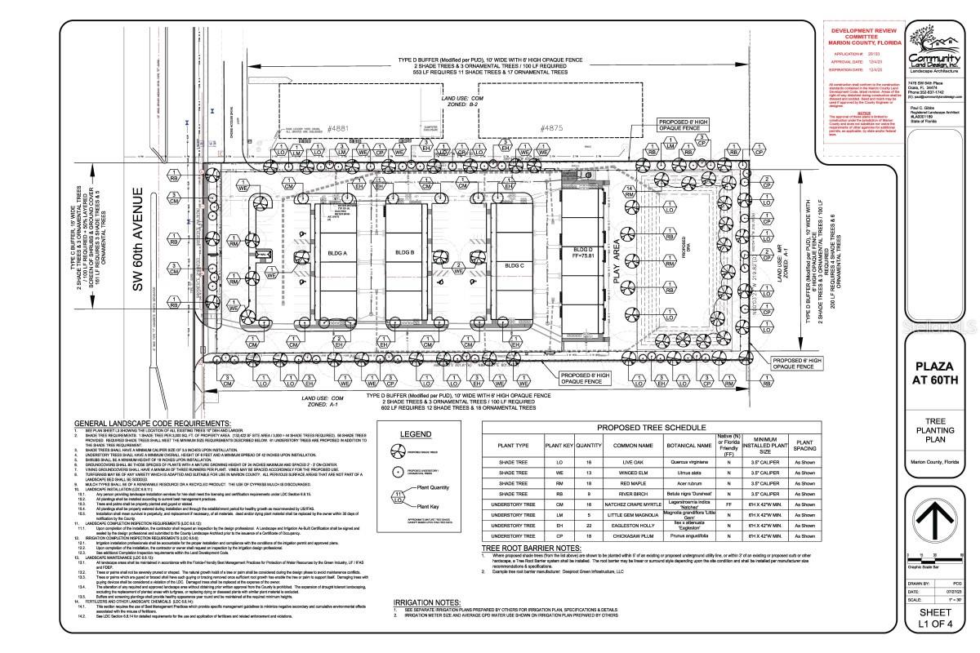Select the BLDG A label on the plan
point(337,254)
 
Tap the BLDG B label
point(405,254)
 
